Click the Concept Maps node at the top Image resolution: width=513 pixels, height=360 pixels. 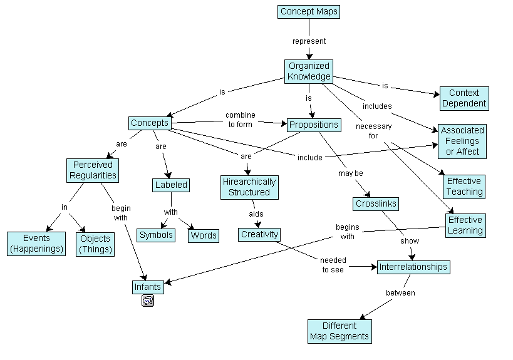coord(309,12)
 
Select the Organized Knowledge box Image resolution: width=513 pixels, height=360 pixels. coord(309,71)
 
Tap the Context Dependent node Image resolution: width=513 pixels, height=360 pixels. coord(464,98)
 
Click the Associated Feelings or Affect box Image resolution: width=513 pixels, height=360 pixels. coord(462,141)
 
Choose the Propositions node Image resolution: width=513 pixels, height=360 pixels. coord(313,125)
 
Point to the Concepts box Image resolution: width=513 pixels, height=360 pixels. coord(149,123)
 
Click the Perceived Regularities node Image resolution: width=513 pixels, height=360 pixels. coord(93,170)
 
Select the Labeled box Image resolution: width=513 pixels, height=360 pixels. coord(171,185)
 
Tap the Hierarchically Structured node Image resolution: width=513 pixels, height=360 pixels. coord(249,187)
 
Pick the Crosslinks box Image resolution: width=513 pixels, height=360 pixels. coord(376,204)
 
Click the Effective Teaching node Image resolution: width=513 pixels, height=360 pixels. coord(464,187)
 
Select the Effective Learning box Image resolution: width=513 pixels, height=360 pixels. coord(465,225)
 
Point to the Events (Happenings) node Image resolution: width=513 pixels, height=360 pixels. coord(36,244)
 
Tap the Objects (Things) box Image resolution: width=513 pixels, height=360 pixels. coord(95,244)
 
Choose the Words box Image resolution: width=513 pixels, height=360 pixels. coord(204,235)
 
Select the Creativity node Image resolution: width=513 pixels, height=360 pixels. coord(259,235)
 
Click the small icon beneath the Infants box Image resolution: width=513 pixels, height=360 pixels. coord(148,301)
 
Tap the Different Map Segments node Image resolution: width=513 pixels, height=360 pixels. coord(339,331)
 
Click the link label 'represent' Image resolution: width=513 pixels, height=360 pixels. coord(309,41)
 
